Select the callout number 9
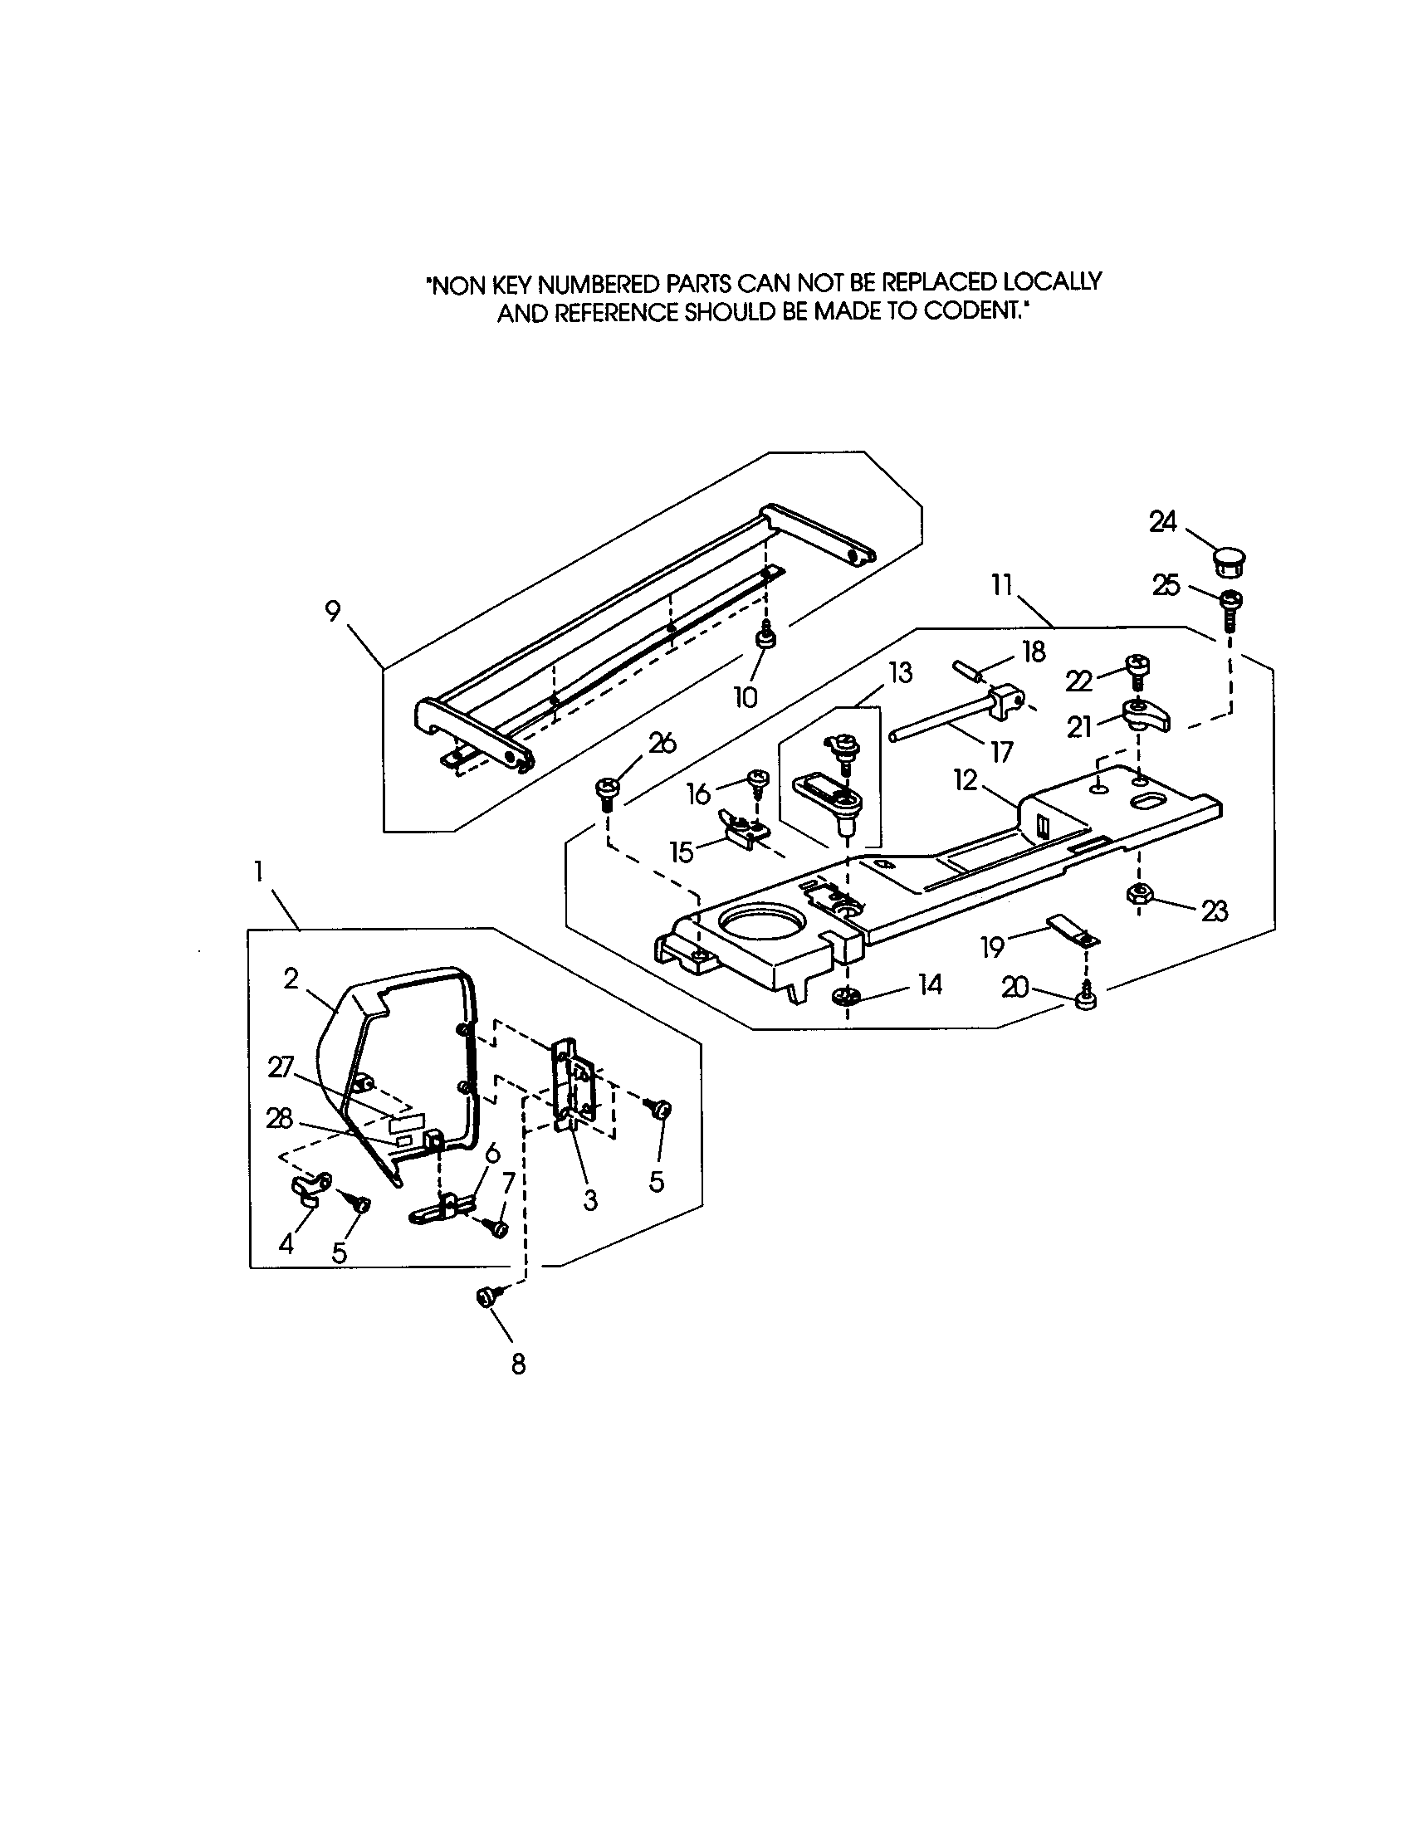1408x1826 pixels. (333, 611)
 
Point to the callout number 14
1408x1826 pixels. (930, 986)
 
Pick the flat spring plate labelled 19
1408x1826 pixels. (1071, 930)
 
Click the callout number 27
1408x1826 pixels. (281, 1067)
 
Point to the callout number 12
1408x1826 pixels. (966, 780)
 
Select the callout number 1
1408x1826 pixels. (259, 872)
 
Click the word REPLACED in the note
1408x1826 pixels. (943, 282)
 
